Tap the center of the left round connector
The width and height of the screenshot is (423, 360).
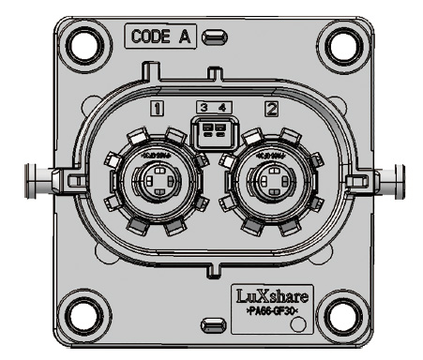(152, 178)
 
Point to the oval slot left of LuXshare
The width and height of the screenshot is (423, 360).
(215, 324)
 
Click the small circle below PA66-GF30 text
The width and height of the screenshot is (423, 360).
(298, 325)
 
